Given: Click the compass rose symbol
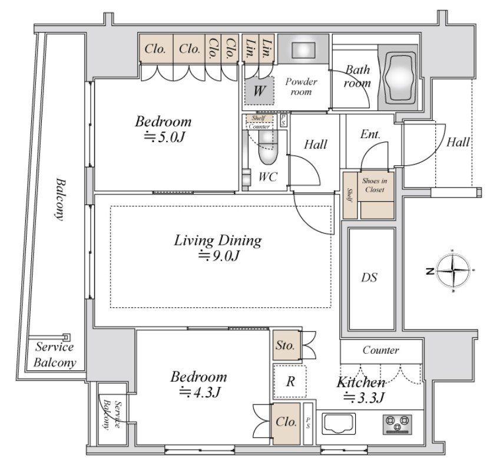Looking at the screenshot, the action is pos(452,271).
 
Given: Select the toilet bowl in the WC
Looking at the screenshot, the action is pos(268,147).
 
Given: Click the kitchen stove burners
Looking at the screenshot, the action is pos(397,424).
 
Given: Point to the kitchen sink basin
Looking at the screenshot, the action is pos(339,423).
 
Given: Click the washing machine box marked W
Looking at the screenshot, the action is pos(259,91).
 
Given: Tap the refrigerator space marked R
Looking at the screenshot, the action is pos(290,381).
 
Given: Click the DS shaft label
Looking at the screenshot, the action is pos(369,278).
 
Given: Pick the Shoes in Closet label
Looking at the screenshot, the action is pos(375,185).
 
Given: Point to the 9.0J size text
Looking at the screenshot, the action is pos(219,255).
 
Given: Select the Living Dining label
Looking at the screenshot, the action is pos(218,240).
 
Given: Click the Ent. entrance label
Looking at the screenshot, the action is pos(370,134).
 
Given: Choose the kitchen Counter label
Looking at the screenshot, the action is pos(380,350).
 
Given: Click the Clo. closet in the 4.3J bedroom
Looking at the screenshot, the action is pos(286,423).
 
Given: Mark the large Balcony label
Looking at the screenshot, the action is pos(60,199).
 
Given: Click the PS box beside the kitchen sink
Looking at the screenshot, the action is pos(308,423).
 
